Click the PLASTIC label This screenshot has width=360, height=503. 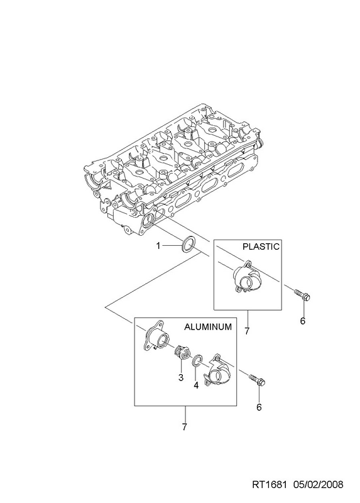click(x=261, y=246)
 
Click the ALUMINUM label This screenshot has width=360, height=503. click(x=208, y=326)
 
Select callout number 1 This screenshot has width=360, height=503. click(x=158, y=246)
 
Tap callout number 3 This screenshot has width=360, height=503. click(x=181, y=377)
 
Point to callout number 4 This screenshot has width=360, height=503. click(x=196, y=385)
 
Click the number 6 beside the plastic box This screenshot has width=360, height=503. click(x=303, y=321)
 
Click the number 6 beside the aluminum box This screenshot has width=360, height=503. click(x=259, y=407)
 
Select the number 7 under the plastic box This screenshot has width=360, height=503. click(x=247, y=331)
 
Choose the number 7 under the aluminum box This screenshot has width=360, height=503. click(x=184, y=427)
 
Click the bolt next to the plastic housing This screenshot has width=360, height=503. click(x=302, y=295)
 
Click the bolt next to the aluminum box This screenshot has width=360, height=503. click(x=257, y=380)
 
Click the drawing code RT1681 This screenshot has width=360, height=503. click(x=269, y=485)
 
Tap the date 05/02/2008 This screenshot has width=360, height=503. click(x=319, y=485)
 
